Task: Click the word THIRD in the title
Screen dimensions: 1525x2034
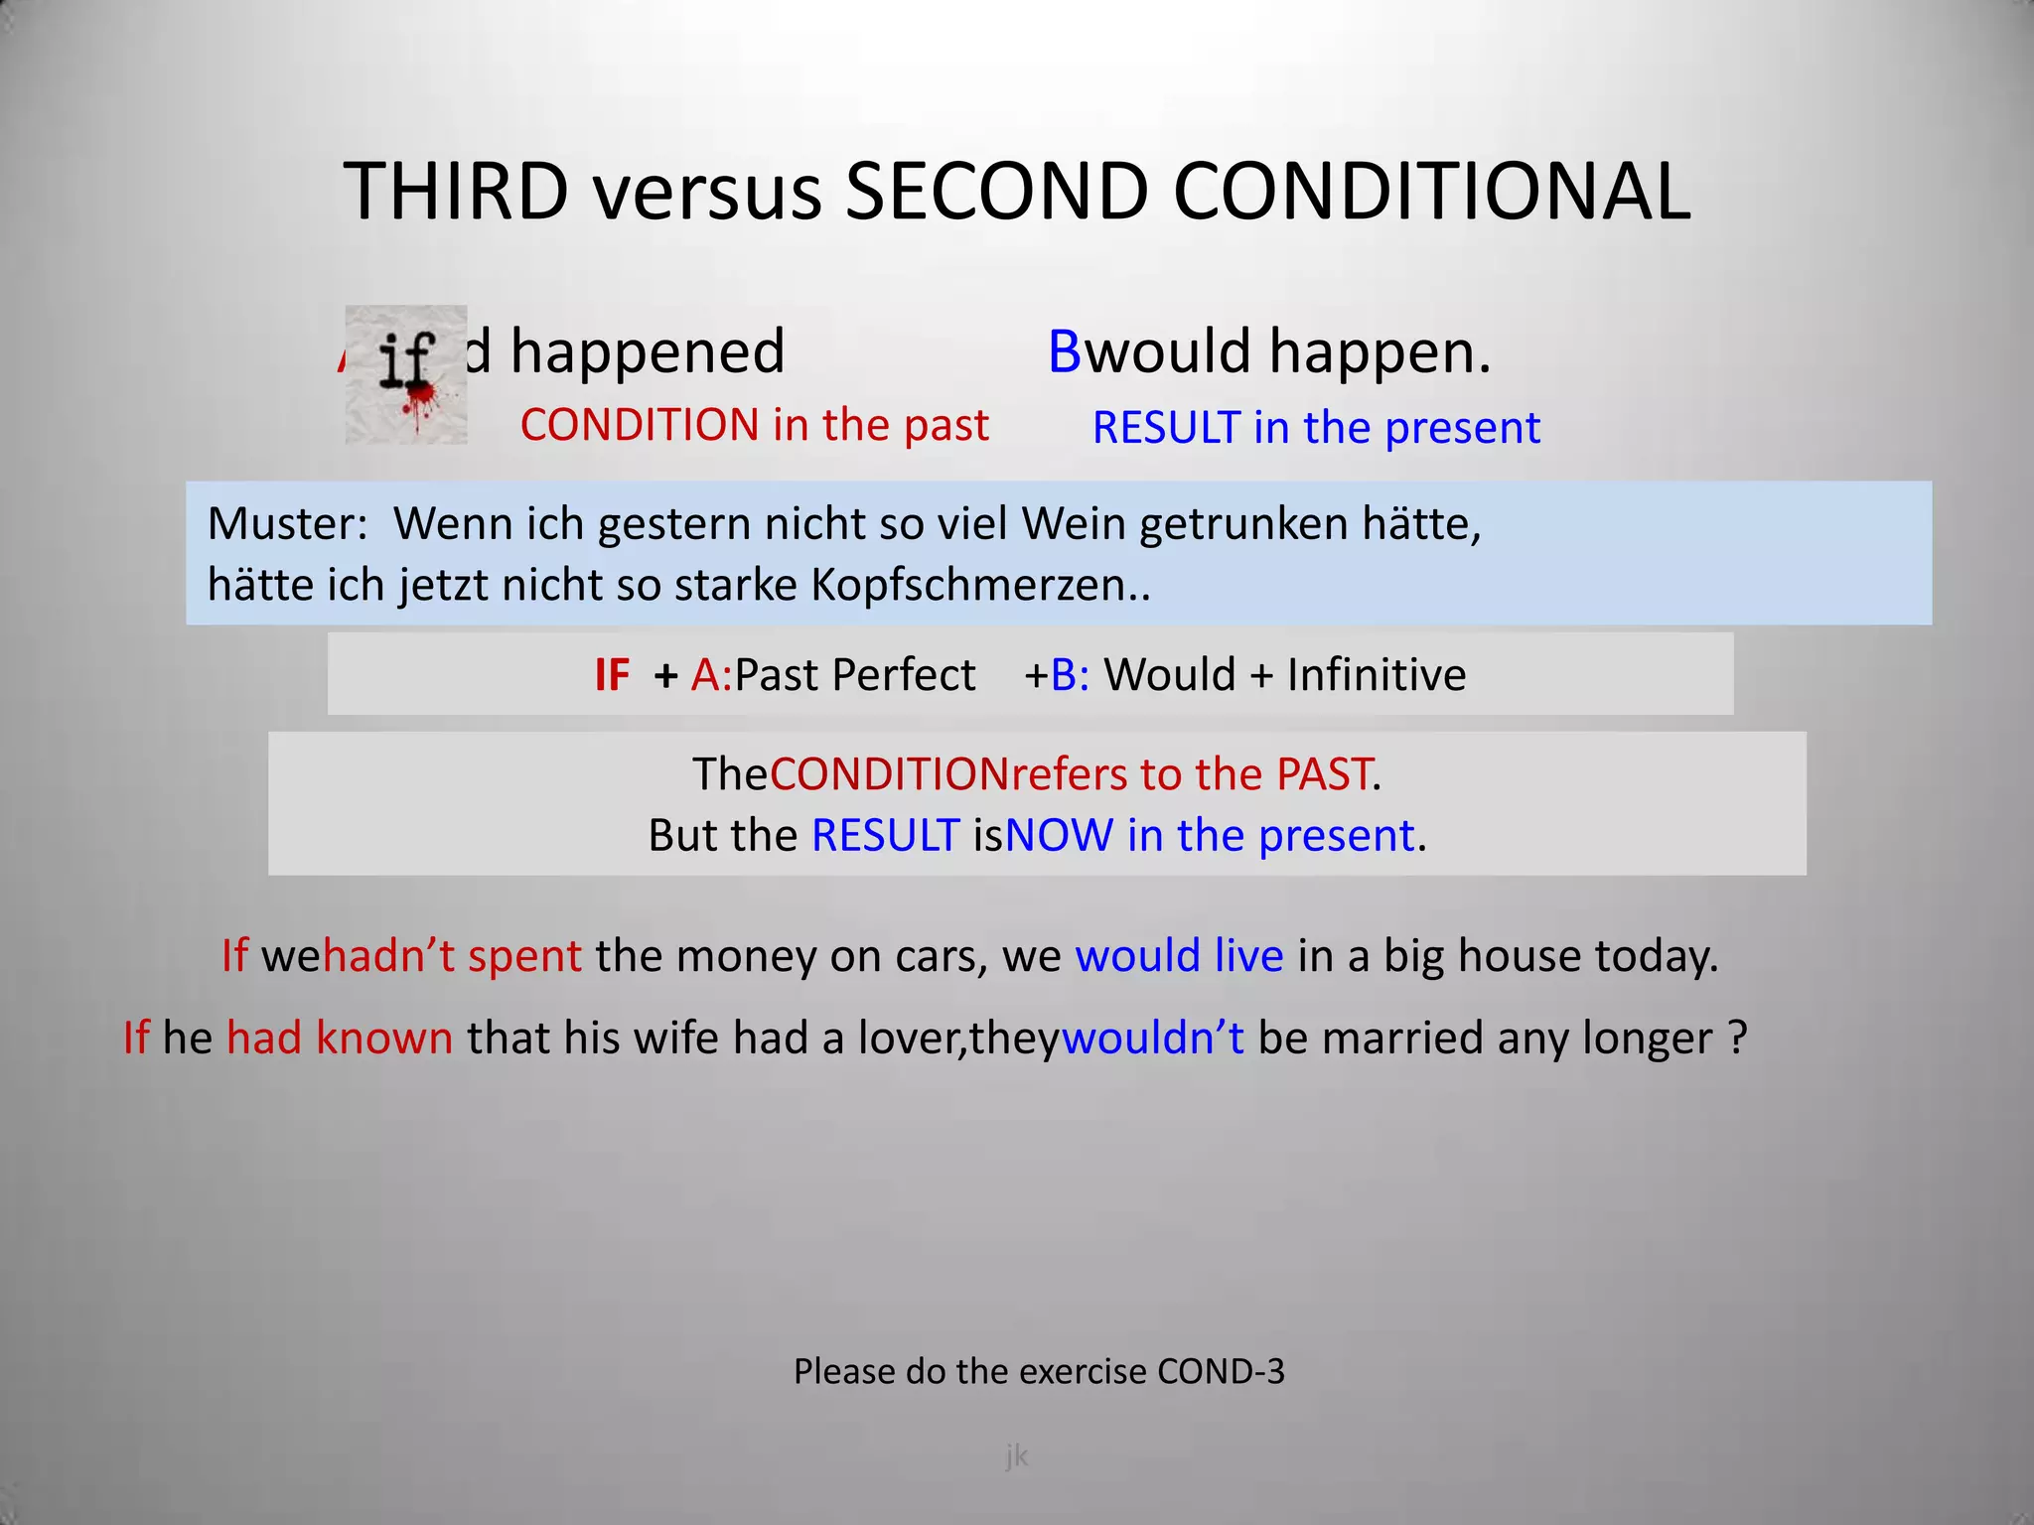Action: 456,191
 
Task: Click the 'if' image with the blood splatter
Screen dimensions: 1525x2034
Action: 406,374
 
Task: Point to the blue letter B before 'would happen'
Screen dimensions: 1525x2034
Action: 1065,351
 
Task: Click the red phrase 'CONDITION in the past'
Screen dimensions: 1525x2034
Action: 754,425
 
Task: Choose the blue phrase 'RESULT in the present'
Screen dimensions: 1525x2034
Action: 1316,428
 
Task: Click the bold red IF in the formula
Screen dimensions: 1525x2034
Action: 612,675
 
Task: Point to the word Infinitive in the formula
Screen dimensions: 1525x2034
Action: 1377,675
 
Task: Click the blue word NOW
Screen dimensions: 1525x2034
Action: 1059,836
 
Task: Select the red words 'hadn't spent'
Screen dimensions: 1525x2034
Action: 452,956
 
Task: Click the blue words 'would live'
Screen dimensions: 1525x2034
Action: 1179,956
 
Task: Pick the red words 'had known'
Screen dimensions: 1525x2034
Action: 340,1038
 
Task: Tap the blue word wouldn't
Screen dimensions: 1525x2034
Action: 1152,1038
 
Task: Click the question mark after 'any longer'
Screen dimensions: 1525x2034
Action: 1737,1038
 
